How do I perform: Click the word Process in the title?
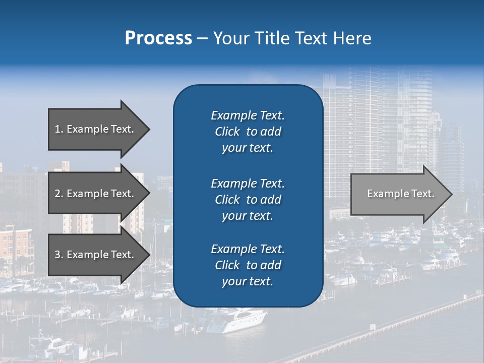(158, 38)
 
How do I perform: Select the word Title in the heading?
(271, 38)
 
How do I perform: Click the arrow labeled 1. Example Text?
(96, 129)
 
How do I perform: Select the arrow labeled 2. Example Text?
(96, 194)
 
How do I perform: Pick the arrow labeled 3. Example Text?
(96, 255)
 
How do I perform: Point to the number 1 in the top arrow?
(57, 130)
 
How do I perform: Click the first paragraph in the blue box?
(248, 132)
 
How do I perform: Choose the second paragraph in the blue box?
(248, 200)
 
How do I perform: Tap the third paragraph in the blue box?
(248, 265)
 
